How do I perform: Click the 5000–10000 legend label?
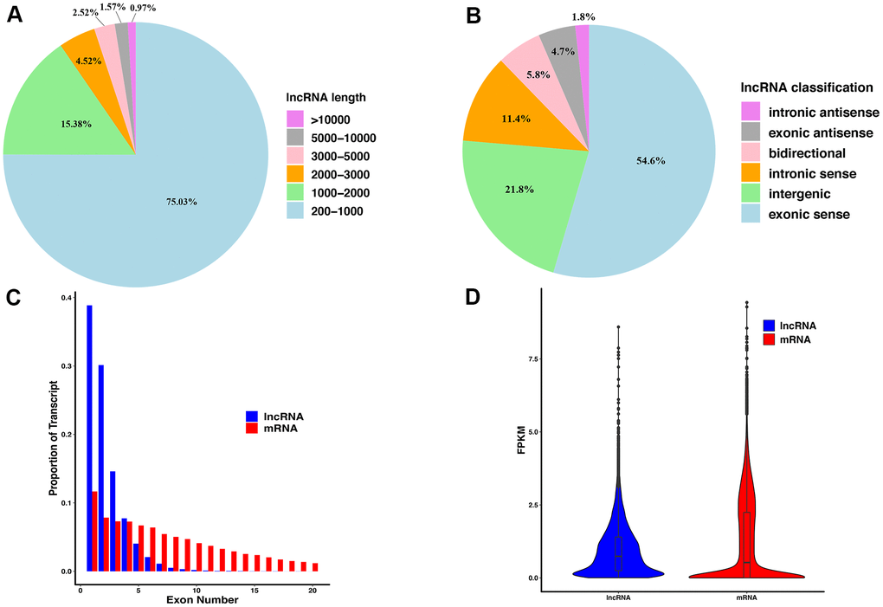click(345, 138)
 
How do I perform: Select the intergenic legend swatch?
click(751, 192)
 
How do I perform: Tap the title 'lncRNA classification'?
click(807, 87)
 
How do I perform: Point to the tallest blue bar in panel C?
click(89, 437)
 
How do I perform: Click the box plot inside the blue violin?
click(618, 554)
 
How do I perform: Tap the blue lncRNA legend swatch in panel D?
click(770, 326)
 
